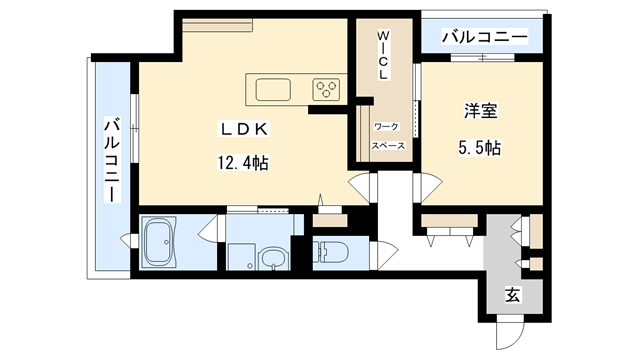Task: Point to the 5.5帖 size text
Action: point(478,147)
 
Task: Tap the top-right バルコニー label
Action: point(483,37)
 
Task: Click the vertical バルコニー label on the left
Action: point(111,158)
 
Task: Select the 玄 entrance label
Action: point(511,295)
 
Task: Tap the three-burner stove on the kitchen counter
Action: point(326,89)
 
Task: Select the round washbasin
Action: point(272,260)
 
